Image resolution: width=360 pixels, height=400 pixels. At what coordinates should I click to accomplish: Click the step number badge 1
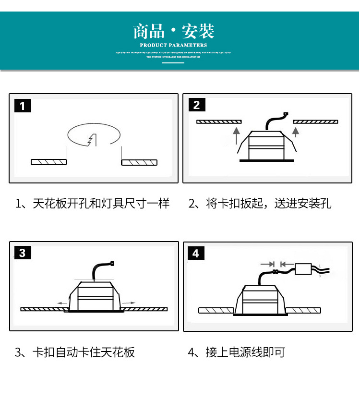coord(23,106)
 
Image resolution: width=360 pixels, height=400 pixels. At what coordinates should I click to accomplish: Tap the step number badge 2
coord(196,105)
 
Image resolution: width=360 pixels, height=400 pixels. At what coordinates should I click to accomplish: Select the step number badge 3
coord(23,253)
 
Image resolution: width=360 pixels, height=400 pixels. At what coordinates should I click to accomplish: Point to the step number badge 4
coord(196,253)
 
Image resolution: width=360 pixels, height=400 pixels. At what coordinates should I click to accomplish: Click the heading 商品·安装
coord(174,32)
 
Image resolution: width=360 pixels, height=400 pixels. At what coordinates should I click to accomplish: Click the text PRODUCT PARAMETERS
coord(174,45)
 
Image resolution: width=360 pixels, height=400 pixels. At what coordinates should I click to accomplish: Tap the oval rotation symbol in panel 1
coord(94,134)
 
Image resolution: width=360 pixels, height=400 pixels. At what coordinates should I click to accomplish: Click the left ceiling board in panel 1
coord(48,162)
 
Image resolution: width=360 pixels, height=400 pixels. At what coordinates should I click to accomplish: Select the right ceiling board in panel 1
coord(139,162)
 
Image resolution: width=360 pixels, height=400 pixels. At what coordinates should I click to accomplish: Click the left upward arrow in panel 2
coord(235,135)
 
